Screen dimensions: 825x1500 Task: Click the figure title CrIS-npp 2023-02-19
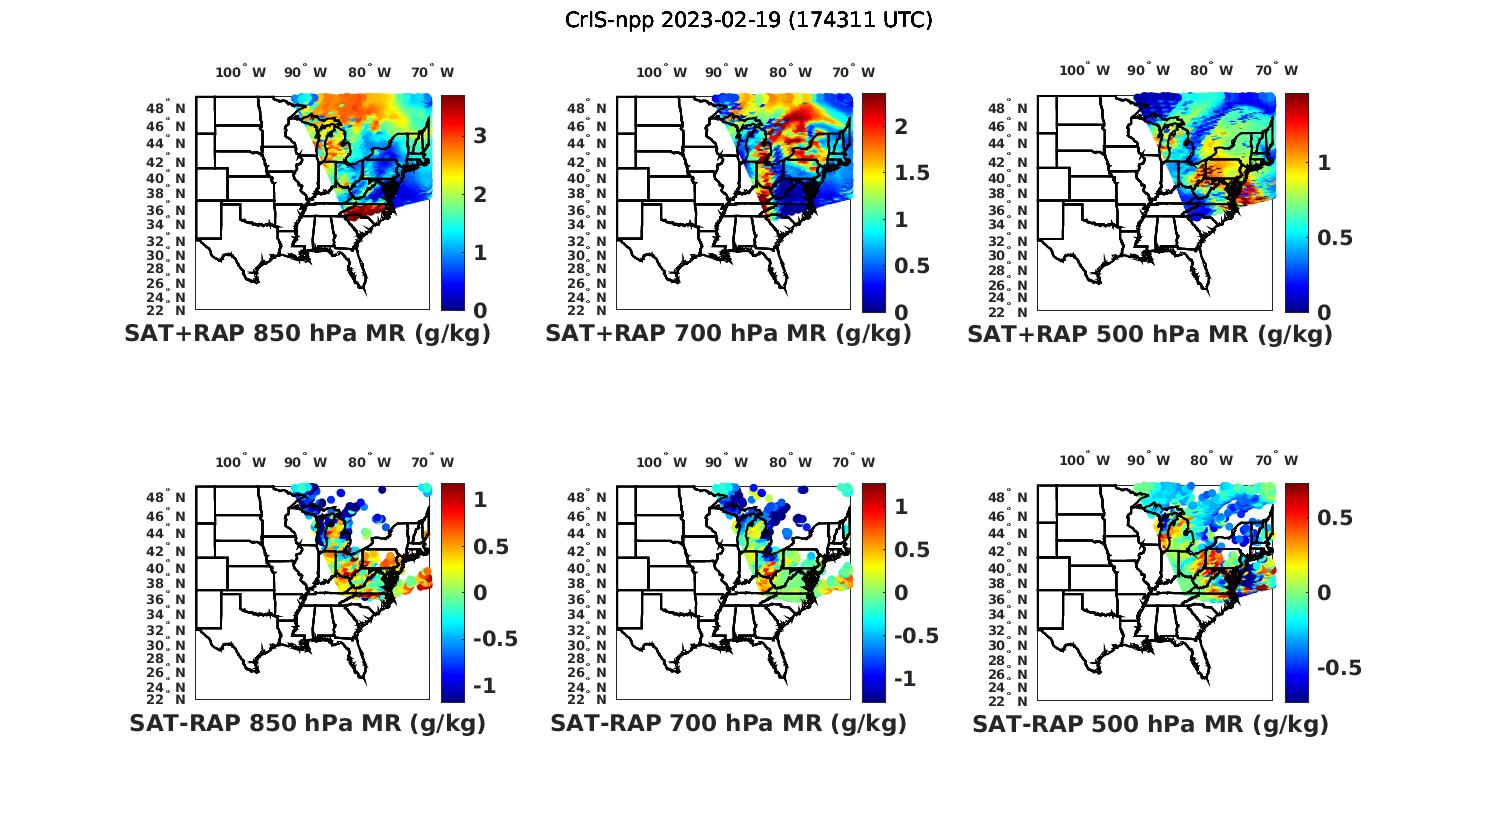(748, 20)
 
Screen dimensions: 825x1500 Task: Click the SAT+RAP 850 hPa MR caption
(307, 334)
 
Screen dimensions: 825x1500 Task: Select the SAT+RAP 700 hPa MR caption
(728, 334)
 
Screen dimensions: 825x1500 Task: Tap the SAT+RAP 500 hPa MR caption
(1150, 334)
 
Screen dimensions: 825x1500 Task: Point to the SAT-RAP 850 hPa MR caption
(307, 723)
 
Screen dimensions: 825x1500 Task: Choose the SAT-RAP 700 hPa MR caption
(728, 723)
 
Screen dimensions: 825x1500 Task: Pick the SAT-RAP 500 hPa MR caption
(1150, 723)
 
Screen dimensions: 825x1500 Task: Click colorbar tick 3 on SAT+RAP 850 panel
(480, 136)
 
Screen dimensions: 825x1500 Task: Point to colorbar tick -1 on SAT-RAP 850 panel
(484, 685)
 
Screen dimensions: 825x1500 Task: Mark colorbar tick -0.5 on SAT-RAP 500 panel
(1339, 668)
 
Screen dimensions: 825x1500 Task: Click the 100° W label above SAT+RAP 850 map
(241, 72)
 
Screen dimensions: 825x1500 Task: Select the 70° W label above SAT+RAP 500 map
(1276, 70)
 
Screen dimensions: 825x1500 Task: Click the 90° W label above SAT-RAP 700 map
(726, 462)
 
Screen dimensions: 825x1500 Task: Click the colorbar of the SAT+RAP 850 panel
(452, 202)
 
